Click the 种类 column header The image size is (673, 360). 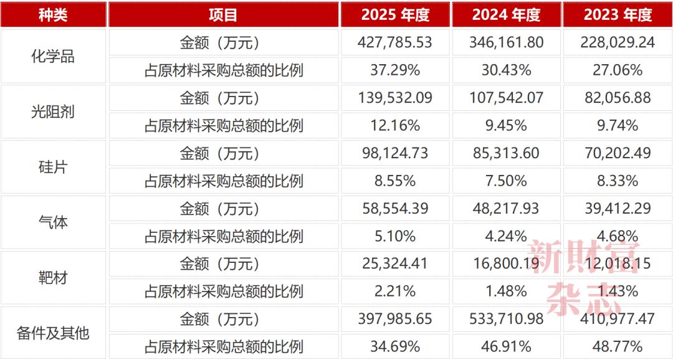coord(53,15)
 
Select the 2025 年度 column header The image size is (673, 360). coord(395,15)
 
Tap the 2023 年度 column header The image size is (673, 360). coord(618,15)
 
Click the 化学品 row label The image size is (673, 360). coord(53,56)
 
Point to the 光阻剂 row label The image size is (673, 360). coord(53,111)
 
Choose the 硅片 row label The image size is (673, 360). coord(53,168)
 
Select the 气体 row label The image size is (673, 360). coord(53,223)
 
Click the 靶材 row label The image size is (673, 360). coord(53,278)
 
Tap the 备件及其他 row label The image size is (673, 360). coord(53,333)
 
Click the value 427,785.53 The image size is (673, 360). coord(395,42)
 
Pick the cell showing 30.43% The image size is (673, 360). coord(507,70)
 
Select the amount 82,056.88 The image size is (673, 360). coord(618,98)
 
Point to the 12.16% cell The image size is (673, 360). coord(395,126)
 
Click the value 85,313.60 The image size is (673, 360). coord(507,153)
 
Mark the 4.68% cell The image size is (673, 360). coord(618,237)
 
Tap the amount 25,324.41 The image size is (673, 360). coord(395,263)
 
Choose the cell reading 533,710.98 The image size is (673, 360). coord(507,319)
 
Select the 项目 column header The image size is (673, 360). coord(223,15)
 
